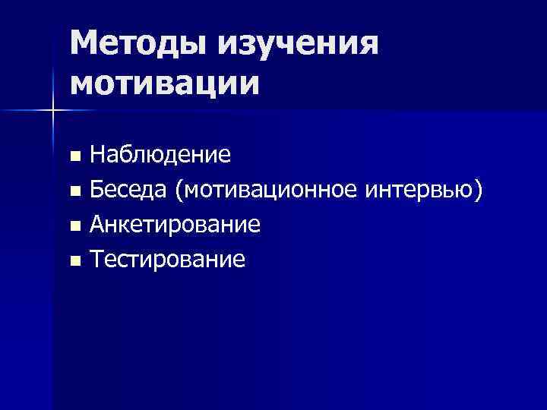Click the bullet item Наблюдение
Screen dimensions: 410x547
pos(160,156)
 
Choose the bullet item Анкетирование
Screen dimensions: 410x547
pos(175,225)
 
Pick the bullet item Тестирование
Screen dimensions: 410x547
pos(168,260)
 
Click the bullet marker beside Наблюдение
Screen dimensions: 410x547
pos(74,157)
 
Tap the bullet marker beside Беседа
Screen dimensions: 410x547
pos(74,192)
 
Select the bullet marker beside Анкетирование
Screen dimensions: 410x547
pos(74,227)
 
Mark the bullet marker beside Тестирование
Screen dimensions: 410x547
pos(74,262)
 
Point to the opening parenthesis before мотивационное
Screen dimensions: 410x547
pos(179,191)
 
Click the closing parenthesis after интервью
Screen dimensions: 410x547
pos(478,191)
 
